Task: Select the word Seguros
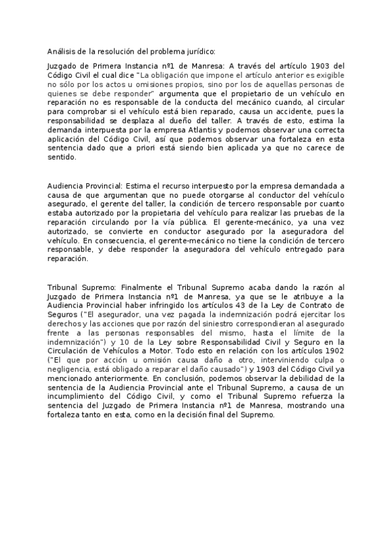point(63,315)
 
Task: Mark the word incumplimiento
point(83,397)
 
